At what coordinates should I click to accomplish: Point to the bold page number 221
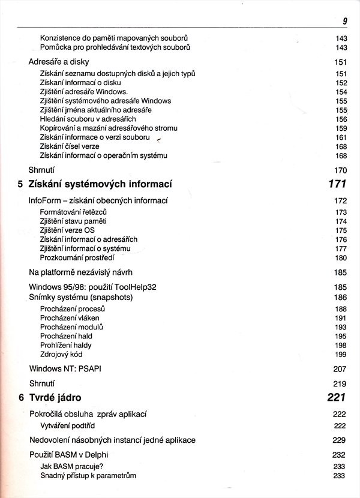point(337,397)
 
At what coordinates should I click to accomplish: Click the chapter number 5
point(22,184)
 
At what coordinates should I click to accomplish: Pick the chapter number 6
point(22,397)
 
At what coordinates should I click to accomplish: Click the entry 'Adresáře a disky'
point(58,61)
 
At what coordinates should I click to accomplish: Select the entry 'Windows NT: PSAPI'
point(65,368)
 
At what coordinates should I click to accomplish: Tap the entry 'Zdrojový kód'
point(62,354)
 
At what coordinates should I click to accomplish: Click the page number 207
point(340,368)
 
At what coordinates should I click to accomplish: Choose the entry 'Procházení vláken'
point(70,318)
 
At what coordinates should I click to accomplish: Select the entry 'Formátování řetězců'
point(73,212)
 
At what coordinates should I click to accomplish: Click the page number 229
point(340,440)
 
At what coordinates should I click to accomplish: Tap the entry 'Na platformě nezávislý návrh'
point(82,272)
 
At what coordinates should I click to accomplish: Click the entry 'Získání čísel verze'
point(70,146)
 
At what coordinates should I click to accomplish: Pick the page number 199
point(341,354)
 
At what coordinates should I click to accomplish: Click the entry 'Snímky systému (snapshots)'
point(80,297)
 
